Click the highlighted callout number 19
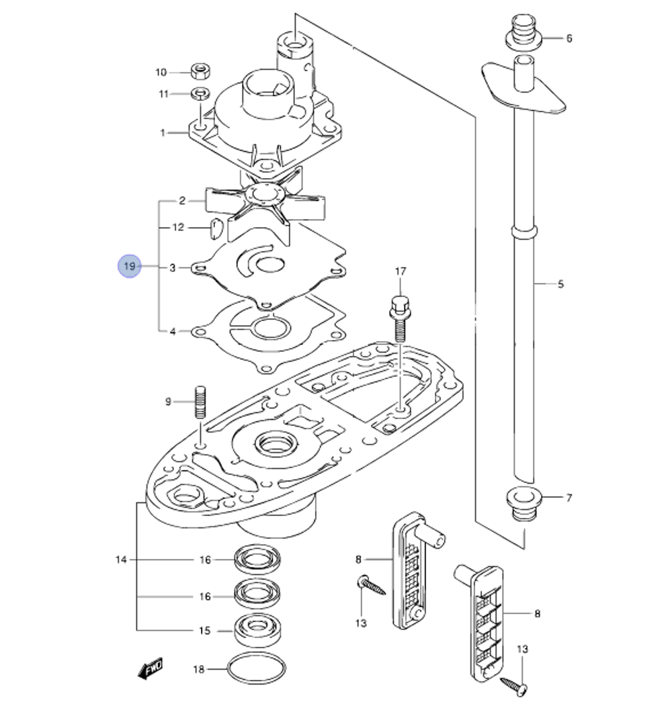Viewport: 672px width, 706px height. pyautogui.click(x=130, y=267)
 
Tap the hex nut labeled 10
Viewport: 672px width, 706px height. pyautogui.click(x=199, y=71)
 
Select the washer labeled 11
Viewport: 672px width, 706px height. pyautogui.click(x=200, y=93)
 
